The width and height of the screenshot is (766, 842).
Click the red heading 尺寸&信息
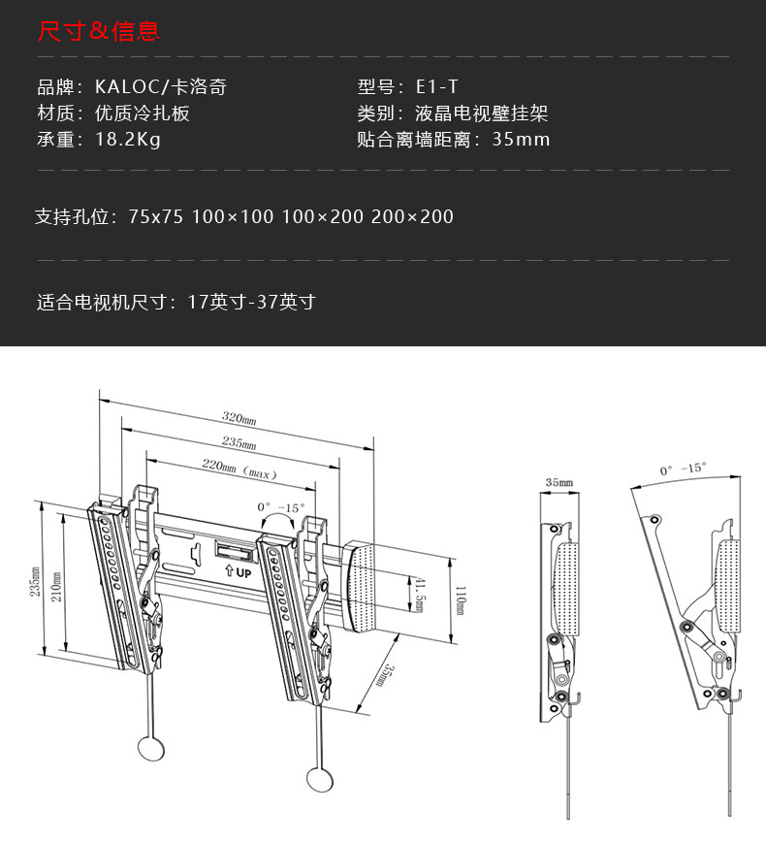tap(98, 32)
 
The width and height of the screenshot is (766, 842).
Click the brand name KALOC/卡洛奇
tap(161, 87)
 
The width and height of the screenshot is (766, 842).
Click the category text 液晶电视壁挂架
tap(481, 113)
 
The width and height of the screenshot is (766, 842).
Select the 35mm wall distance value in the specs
tap(521, 139)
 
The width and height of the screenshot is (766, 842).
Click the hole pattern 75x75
tap(155, 216)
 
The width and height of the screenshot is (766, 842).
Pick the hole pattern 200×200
tap(412, 216)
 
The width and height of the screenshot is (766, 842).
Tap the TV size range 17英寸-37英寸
tap(251, 302)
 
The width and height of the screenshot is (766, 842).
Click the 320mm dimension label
tap(238, 419)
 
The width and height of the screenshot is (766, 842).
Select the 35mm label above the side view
tap(559, 481)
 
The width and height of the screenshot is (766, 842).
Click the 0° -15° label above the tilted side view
tap(683, 469)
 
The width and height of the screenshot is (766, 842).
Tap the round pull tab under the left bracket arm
tap(151, 747)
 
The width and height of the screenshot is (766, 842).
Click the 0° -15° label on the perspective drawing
tap(280, 506)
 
